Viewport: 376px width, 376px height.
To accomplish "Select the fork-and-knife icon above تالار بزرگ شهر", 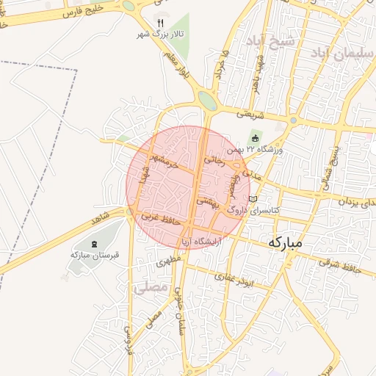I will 160,23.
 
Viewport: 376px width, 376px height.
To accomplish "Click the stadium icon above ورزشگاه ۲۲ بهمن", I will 255,137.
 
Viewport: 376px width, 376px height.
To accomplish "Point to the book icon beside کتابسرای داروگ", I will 253,199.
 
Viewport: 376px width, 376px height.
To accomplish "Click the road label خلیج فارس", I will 73,10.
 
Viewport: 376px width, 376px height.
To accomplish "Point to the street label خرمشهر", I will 163,161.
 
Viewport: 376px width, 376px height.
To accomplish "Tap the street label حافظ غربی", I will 161,217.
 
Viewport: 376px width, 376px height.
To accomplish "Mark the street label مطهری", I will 168,260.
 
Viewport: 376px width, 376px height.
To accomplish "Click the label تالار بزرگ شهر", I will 162,35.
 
